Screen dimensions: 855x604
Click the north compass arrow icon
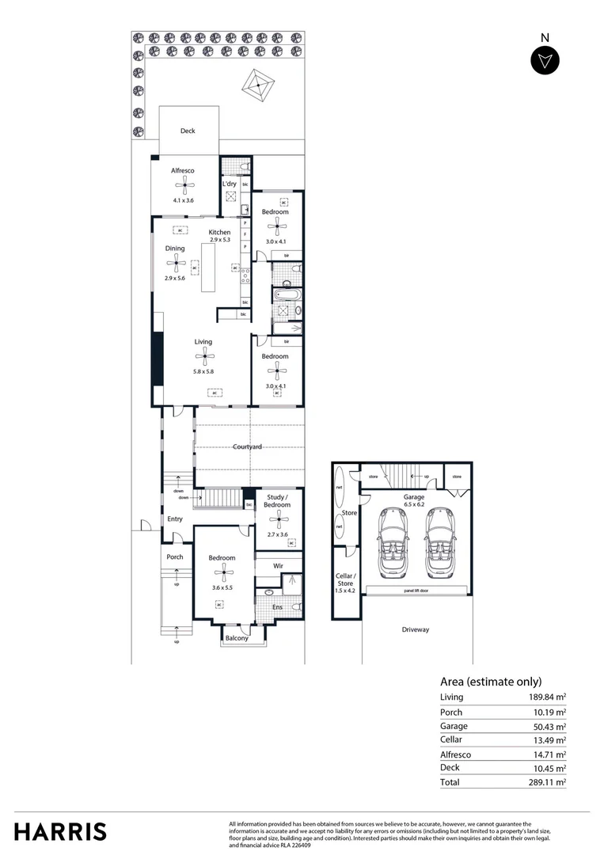click(x=545, y=61)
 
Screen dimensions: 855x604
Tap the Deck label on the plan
click(x=188, y=131)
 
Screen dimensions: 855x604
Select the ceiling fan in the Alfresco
click(x=184, y=185)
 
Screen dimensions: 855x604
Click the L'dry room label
click(x=230, y=184)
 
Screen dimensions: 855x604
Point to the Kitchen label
click(x=219, y=232)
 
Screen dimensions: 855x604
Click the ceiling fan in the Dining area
click(x=175, y=264)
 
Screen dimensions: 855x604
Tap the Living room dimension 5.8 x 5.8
click(x=203, y=371)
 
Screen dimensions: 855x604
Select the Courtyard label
click(x=247, y=447)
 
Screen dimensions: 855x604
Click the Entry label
click(x=175, y=519)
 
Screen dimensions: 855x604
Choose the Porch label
click(x=175, y=557)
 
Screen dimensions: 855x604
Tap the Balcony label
click(x=237, y=638)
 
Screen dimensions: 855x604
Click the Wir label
click(x=278, y=566)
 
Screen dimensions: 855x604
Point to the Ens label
click(x=277, y=607)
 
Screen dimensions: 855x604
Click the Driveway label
click(x=415, y=629)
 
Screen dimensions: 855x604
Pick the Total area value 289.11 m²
click(x=549, y=782)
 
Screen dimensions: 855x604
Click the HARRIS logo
click(x=60, y=831)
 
